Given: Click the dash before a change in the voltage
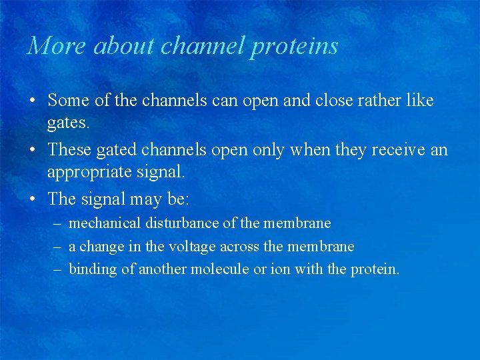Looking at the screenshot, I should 57,247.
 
